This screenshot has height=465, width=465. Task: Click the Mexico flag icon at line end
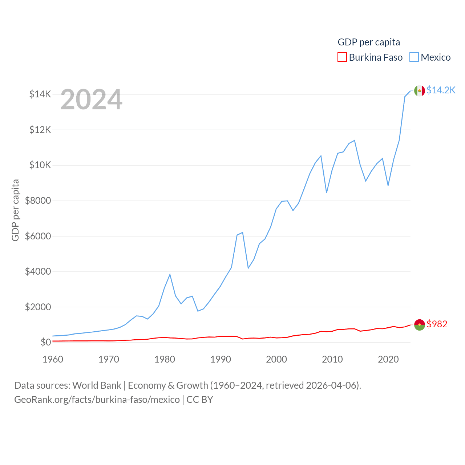420,90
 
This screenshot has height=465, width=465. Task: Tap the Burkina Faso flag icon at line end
420,324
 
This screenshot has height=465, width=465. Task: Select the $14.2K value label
441,90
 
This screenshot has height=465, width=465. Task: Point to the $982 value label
437,324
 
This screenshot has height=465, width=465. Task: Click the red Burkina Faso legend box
342,57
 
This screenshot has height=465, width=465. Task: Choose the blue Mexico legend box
414,57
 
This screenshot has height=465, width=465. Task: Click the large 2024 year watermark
91,100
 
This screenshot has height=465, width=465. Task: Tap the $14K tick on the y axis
40,94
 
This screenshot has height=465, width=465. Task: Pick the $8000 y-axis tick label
38,201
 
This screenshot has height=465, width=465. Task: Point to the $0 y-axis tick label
45,343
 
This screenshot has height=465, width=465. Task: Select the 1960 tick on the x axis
53,359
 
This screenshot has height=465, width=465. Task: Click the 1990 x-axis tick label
221,359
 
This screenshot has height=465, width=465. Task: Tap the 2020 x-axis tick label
388,359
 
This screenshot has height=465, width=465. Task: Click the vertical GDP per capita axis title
15,210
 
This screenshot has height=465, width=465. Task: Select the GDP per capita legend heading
369,42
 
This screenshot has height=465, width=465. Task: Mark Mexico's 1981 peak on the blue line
170,274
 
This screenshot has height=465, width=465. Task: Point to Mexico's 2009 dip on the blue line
327,193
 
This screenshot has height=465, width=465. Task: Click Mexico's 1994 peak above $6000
242,232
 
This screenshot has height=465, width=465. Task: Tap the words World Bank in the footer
97,385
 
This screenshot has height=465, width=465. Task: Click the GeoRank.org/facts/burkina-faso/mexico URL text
97,400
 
